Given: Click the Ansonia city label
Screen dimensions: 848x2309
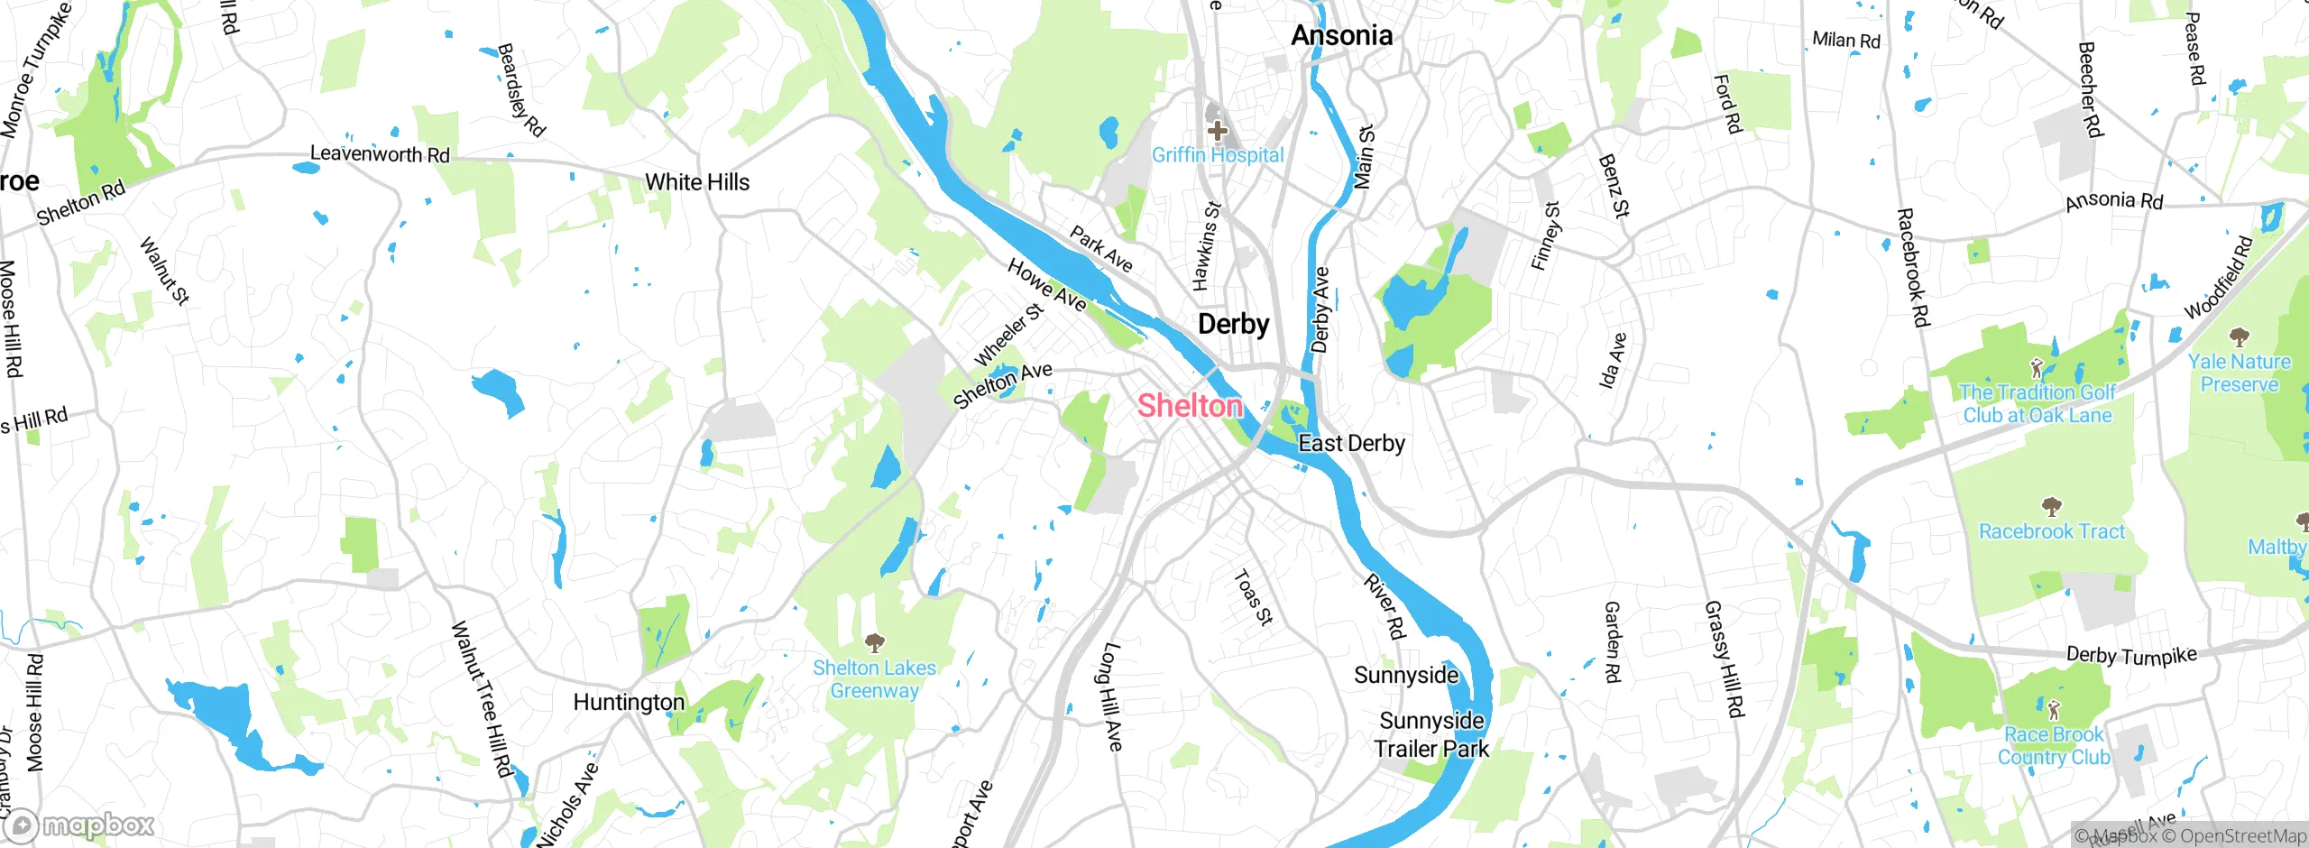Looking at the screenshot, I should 1341,36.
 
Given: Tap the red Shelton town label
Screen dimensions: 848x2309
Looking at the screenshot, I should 1189,406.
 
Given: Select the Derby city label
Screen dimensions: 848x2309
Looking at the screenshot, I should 1233,324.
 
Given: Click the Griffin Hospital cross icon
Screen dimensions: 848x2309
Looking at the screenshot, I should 1217,131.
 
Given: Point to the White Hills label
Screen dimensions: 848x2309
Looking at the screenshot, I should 696,182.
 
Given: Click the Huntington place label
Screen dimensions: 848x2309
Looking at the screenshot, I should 629,702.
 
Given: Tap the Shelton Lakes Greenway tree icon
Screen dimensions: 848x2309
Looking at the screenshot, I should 874,642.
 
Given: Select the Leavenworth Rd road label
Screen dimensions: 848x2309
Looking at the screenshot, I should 379,154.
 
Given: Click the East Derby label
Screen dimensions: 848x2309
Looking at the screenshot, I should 1350,444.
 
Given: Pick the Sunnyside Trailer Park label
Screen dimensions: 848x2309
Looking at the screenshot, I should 1431,734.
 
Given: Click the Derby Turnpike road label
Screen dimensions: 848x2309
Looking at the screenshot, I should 2130,655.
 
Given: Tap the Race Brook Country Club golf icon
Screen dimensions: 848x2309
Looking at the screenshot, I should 2054,710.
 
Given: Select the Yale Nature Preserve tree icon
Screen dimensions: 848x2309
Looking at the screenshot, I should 2239,338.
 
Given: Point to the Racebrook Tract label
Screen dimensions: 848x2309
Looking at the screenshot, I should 2051,531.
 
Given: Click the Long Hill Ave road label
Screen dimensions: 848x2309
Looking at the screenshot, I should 1112,696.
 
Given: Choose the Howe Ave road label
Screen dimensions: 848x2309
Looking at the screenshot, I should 1046,285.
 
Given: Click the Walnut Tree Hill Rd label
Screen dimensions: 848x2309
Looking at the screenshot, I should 481,698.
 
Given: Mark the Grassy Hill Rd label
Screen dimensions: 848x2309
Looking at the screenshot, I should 1724,659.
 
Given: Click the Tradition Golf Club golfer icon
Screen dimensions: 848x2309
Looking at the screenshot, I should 2036,368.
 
